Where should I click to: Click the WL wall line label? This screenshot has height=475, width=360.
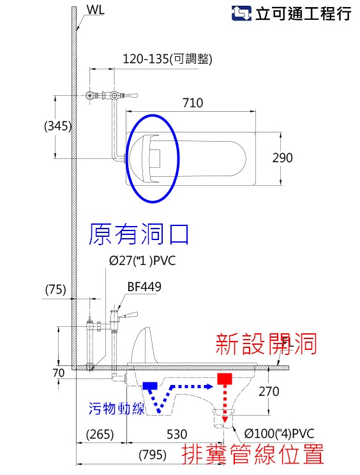coord(95,10)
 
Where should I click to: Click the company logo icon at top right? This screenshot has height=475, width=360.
coord(241,13)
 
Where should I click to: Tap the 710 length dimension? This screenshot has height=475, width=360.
coord(193,103)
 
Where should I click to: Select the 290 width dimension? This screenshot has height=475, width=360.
coord(283,158)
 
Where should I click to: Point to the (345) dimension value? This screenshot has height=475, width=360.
coord(58,126)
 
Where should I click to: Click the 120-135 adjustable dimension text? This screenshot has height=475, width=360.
coord(167,59)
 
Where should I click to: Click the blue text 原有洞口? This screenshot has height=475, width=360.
coord(139,234)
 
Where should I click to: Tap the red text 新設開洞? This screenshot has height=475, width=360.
coord(266,343)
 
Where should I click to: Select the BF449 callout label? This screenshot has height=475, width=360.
coord(144,287)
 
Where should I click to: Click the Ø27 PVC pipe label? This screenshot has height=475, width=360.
coord(142,260)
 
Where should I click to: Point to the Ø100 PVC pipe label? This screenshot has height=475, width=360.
coord(279,434)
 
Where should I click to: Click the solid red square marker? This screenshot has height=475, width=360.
coord(225,379)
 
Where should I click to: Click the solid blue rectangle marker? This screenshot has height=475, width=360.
coord(150,386)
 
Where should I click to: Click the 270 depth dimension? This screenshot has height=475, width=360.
coord(269,391)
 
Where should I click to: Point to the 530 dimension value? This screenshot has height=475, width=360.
coord(177,434)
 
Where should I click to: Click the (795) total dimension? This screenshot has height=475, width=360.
coord(153,455)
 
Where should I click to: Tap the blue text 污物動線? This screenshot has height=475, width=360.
coord(117,408)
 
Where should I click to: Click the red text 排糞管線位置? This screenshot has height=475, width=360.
coord(253,454)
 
